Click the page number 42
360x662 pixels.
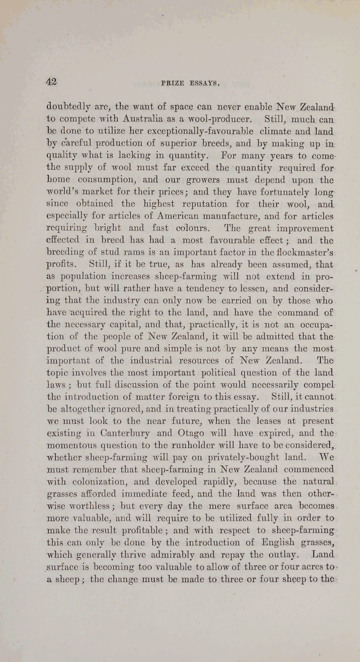point(51,81)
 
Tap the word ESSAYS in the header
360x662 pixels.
point(204,82)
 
